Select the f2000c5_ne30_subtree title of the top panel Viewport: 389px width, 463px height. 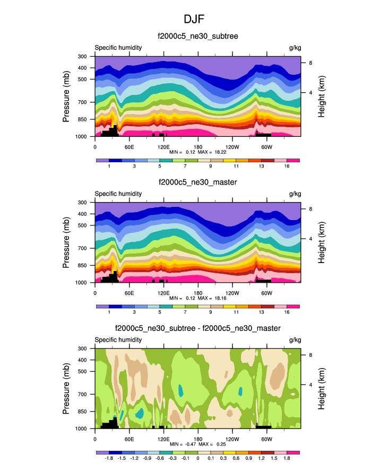(197, 37)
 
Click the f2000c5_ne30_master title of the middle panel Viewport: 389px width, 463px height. (197, 183)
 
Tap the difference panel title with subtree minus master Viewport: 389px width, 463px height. (197, 329)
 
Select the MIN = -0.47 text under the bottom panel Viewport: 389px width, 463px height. (181, 444)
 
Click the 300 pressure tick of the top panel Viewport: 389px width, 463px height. (82, 56)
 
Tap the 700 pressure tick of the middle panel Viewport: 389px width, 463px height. (82, 248)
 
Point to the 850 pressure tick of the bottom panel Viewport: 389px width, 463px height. (82, 412)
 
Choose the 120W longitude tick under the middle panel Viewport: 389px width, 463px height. (232, 293)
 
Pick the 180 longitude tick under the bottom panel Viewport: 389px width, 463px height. (198, 439)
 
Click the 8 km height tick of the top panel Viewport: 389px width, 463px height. (310, 63)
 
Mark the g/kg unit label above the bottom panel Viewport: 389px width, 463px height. (295, 339)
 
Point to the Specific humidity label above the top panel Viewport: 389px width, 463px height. (118, 47)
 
